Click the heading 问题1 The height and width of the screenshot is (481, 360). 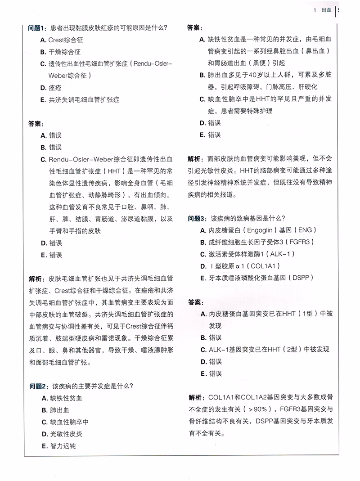38,28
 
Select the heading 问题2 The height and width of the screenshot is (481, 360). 38,386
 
